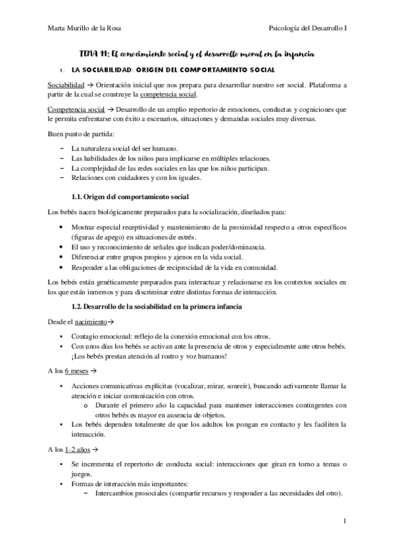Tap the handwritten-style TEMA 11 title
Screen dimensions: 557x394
197,53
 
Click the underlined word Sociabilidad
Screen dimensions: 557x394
65,85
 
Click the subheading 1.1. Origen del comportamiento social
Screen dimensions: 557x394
130,197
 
